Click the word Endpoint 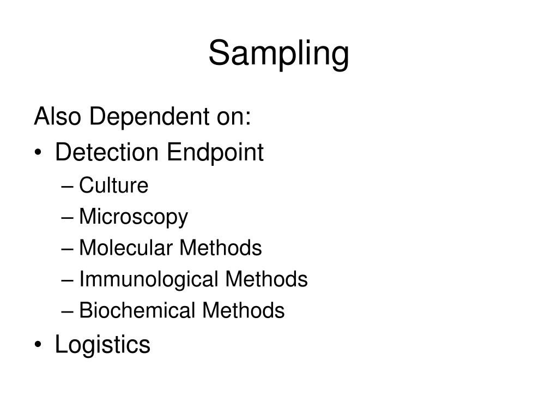(215, 153)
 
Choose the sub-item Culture (113, 185)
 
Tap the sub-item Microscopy (134, 217)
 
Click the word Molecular (126, 248)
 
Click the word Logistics (102, 345)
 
